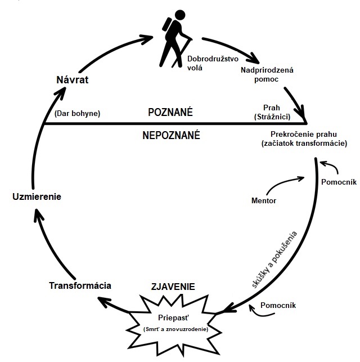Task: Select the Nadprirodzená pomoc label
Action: [x=267, y=75]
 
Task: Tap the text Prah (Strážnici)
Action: [x=272, y=111]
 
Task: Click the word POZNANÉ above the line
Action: [x=170, y=112]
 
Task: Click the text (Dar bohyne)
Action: [x=77, y=113]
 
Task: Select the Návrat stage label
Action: [x=74, y=79]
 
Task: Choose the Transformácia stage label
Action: [x=80, y=285]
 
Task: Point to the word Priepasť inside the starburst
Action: [x=173, y=316]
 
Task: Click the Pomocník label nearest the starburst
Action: [x=279, y=306]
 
